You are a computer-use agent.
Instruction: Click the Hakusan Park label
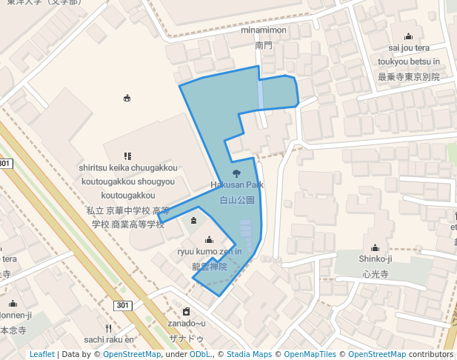pyautogui.click(x=237, y=184)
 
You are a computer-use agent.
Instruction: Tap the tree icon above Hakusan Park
pyautogui.click(x=236, y=173)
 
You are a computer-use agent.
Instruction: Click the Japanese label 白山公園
pyautogui.click(x=237, y=200)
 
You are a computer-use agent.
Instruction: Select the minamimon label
pyautogui.click(x=264, y=30)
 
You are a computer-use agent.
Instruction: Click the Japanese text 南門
pyautogui.click(x=264, y=45)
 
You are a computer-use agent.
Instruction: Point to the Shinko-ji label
pyautogui.click(x=375, y=259)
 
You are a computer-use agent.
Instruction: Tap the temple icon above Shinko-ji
pyautogui.click(x=375, y=247)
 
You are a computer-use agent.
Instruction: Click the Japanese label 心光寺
pyautogui.click(x=375, y=273)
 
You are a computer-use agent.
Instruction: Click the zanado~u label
pyautogui.click(x=187, y=323)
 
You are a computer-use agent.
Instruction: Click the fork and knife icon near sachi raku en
pyautogui.click(x=108, y=327)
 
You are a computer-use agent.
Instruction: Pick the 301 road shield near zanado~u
pyautogui.click(x=123, y=305)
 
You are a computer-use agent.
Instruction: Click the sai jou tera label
pyautogui.click(x=409, y=48)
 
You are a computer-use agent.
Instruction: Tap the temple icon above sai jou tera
pyautogui.click(x=408, y=36)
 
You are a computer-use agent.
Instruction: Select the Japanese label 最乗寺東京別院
pyautogui.click(x=409, y=76)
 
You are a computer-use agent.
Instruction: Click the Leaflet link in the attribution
pyautogui.click(x=41, y=354)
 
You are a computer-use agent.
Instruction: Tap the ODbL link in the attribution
pyautogui.click(x=199, y=354)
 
